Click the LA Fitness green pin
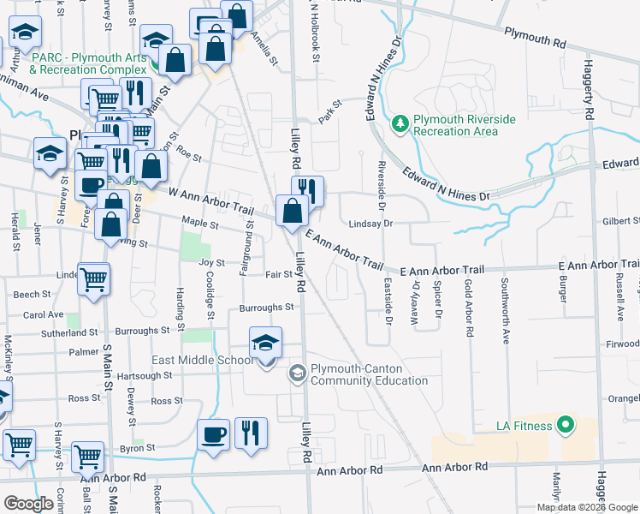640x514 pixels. coord(565,424)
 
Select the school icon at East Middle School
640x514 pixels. coord(266,344)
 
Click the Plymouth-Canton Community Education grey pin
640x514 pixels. coord(297,373)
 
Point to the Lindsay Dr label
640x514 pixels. coord(370,224)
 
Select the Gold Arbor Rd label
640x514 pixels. coord(468,308)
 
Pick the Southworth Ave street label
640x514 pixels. coord(505,310)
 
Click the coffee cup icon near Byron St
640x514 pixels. coord(213,434)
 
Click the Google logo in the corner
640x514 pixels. coord(27,504)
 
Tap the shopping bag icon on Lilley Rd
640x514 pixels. coord(293,211)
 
